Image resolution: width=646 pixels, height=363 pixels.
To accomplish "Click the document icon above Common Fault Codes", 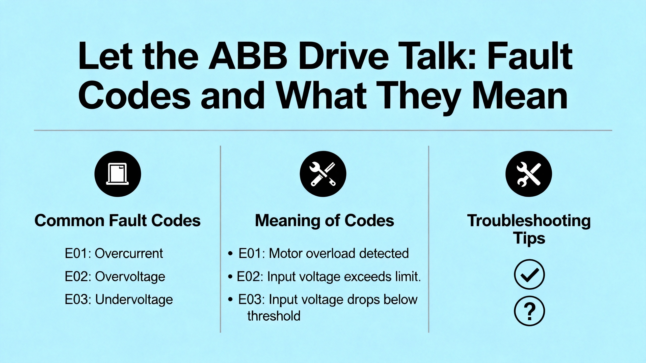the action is tap(118, 174).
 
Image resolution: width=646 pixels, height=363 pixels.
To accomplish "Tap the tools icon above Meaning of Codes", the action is tap(323, 174).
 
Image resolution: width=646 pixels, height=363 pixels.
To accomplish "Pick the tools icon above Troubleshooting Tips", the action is tap(529, 174).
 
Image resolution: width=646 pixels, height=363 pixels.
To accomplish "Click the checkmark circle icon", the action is tap(529, 274).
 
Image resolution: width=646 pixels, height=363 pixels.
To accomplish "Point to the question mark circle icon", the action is tap(529, 311).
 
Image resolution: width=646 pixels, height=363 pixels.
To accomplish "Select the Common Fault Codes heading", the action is tap(118, 221).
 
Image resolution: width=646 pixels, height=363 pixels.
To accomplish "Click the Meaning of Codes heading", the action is tap(325, 221).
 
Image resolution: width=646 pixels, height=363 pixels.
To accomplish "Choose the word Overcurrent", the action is tap(129, 253).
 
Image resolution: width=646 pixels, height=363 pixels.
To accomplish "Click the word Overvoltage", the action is tap(130, 277).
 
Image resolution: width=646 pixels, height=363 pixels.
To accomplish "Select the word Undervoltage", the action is tap(134, 300).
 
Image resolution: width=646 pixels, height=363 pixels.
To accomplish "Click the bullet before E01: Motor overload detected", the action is tap(230, 254).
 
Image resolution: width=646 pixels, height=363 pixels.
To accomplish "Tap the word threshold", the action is tap(274, 316).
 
